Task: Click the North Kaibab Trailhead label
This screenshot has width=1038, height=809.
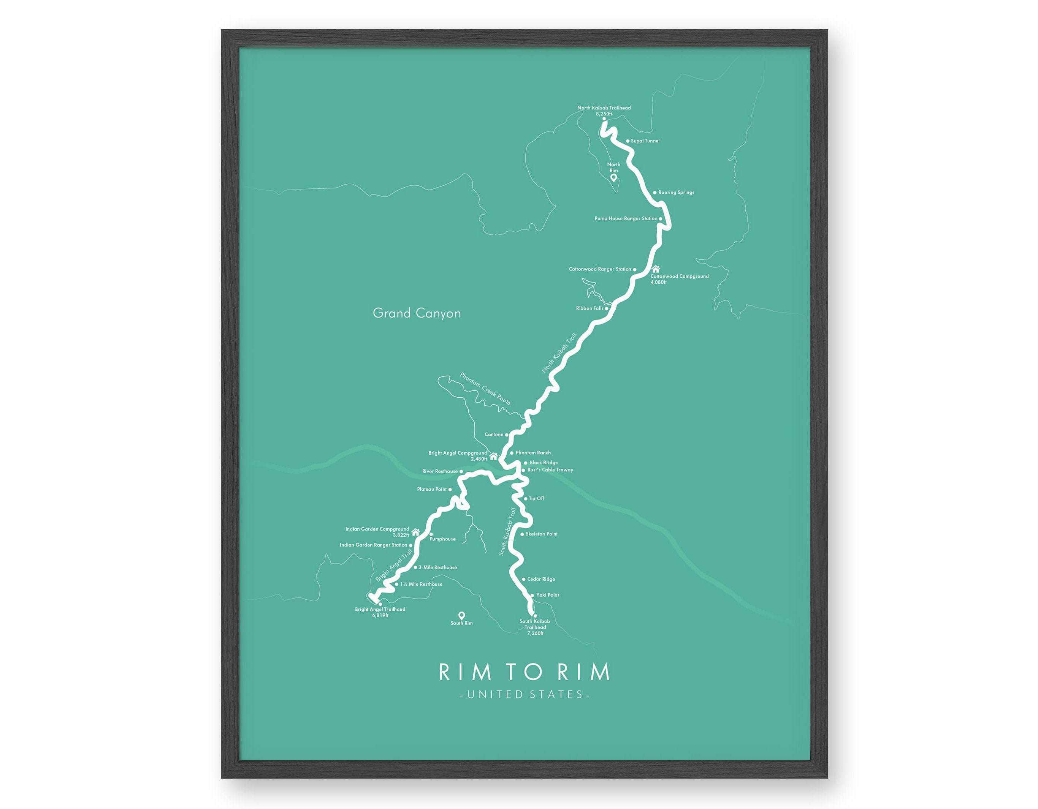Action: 604,108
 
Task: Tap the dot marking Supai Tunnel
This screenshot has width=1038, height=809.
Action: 628,141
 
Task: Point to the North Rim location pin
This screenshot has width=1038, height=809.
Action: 613,178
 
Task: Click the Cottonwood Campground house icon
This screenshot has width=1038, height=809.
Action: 656,269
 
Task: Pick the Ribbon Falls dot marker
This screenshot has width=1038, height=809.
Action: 607,308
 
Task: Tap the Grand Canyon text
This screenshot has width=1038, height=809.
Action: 417,313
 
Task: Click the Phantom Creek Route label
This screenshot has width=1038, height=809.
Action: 485,389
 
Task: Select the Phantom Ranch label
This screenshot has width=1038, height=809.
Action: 533,453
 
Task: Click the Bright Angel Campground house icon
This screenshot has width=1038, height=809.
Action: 493,457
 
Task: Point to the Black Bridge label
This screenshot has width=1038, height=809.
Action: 544,463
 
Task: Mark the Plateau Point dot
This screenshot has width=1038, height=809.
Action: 450,489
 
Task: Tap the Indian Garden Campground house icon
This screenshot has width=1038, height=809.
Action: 415,532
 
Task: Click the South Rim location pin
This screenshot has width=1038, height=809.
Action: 461,616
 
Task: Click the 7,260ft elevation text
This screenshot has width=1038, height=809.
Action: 535,633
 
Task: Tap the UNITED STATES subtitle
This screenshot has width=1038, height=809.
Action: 525,695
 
